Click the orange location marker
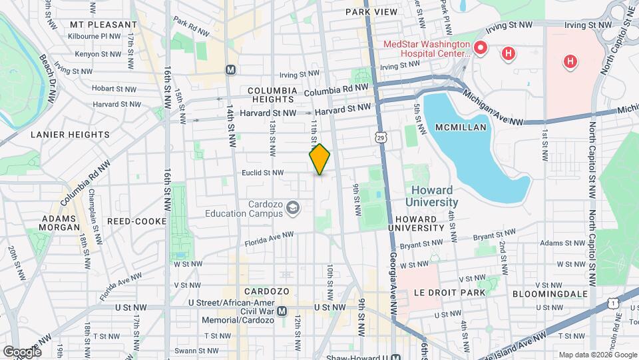[x=319, y=159]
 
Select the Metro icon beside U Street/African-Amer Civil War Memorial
[x=282, y=311]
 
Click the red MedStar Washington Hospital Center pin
[x=480, y=49]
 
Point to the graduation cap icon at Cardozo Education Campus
[x=292, y=209]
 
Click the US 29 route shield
[x=379, y=137]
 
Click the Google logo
[x=21, y=351]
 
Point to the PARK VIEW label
[x=371, y=12]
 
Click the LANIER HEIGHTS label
[x=70, y=134]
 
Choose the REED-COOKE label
[x=131, y=221]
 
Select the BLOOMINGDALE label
[x=550, y=293]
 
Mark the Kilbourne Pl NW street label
[x=97, y=37]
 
